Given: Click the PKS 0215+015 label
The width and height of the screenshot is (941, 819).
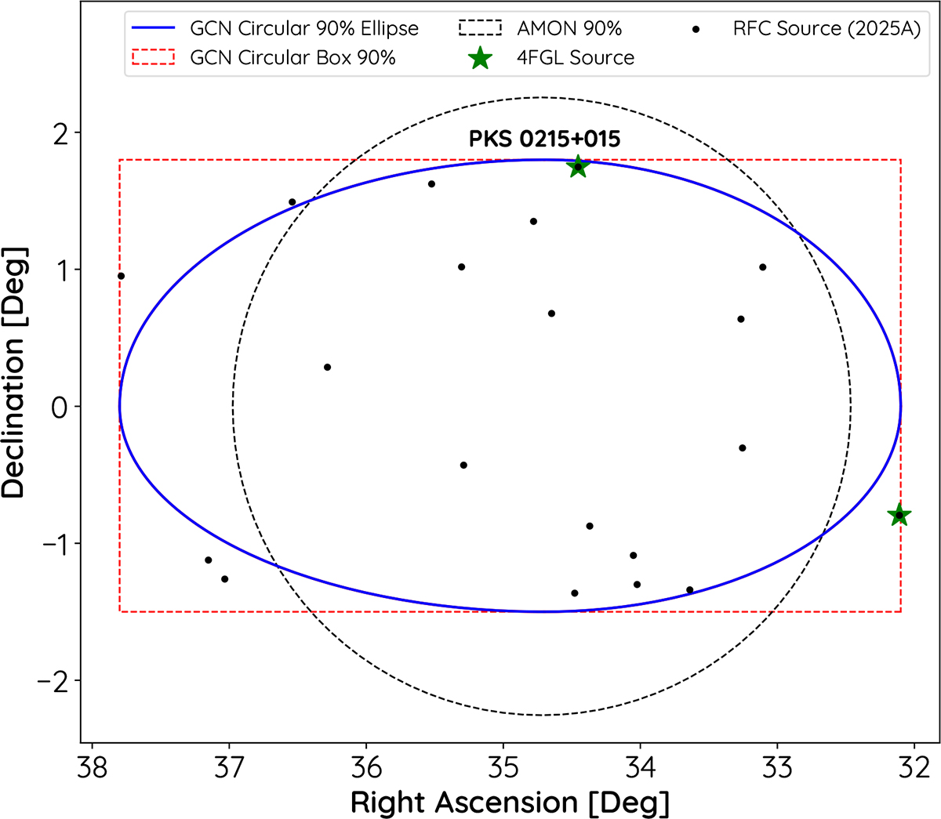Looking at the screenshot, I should (x=544, y=140).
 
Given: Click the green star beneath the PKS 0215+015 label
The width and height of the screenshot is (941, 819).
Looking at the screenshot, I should (x=578, y=166).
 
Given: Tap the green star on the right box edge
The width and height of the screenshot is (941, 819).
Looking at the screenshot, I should (x=899, y=515).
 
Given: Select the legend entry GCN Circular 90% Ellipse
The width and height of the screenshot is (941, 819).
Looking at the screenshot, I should (x=304, y=29).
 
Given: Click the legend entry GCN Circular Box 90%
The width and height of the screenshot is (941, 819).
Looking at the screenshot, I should (x=292, y=57).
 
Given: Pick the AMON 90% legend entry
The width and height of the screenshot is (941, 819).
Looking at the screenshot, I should (x=569, y=29).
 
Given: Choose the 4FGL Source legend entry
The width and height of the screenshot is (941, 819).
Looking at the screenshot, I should (x=575, y=57).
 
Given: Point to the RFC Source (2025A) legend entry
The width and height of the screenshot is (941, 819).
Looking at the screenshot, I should (x=827, y=29).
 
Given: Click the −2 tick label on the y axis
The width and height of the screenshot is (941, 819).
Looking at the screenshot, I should (x=53, y=681).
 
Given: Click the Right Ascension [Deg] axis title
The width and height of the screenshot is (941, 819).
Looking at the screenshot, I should (x=510, y=802).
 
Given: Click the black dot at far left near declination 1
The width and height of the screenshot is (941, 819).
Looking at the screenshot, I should (x=121, y=276).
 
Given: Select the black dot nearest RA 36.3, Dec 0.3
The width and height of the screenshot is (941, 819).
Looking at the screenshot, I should (x=327, y=367).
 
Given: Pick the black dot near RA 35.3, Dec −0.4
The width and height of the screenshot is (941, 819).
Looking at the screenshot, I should (x=463, y=465).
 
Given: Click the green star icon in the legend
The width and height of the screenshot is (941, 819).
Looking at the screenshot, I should (x=480, y=57).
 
